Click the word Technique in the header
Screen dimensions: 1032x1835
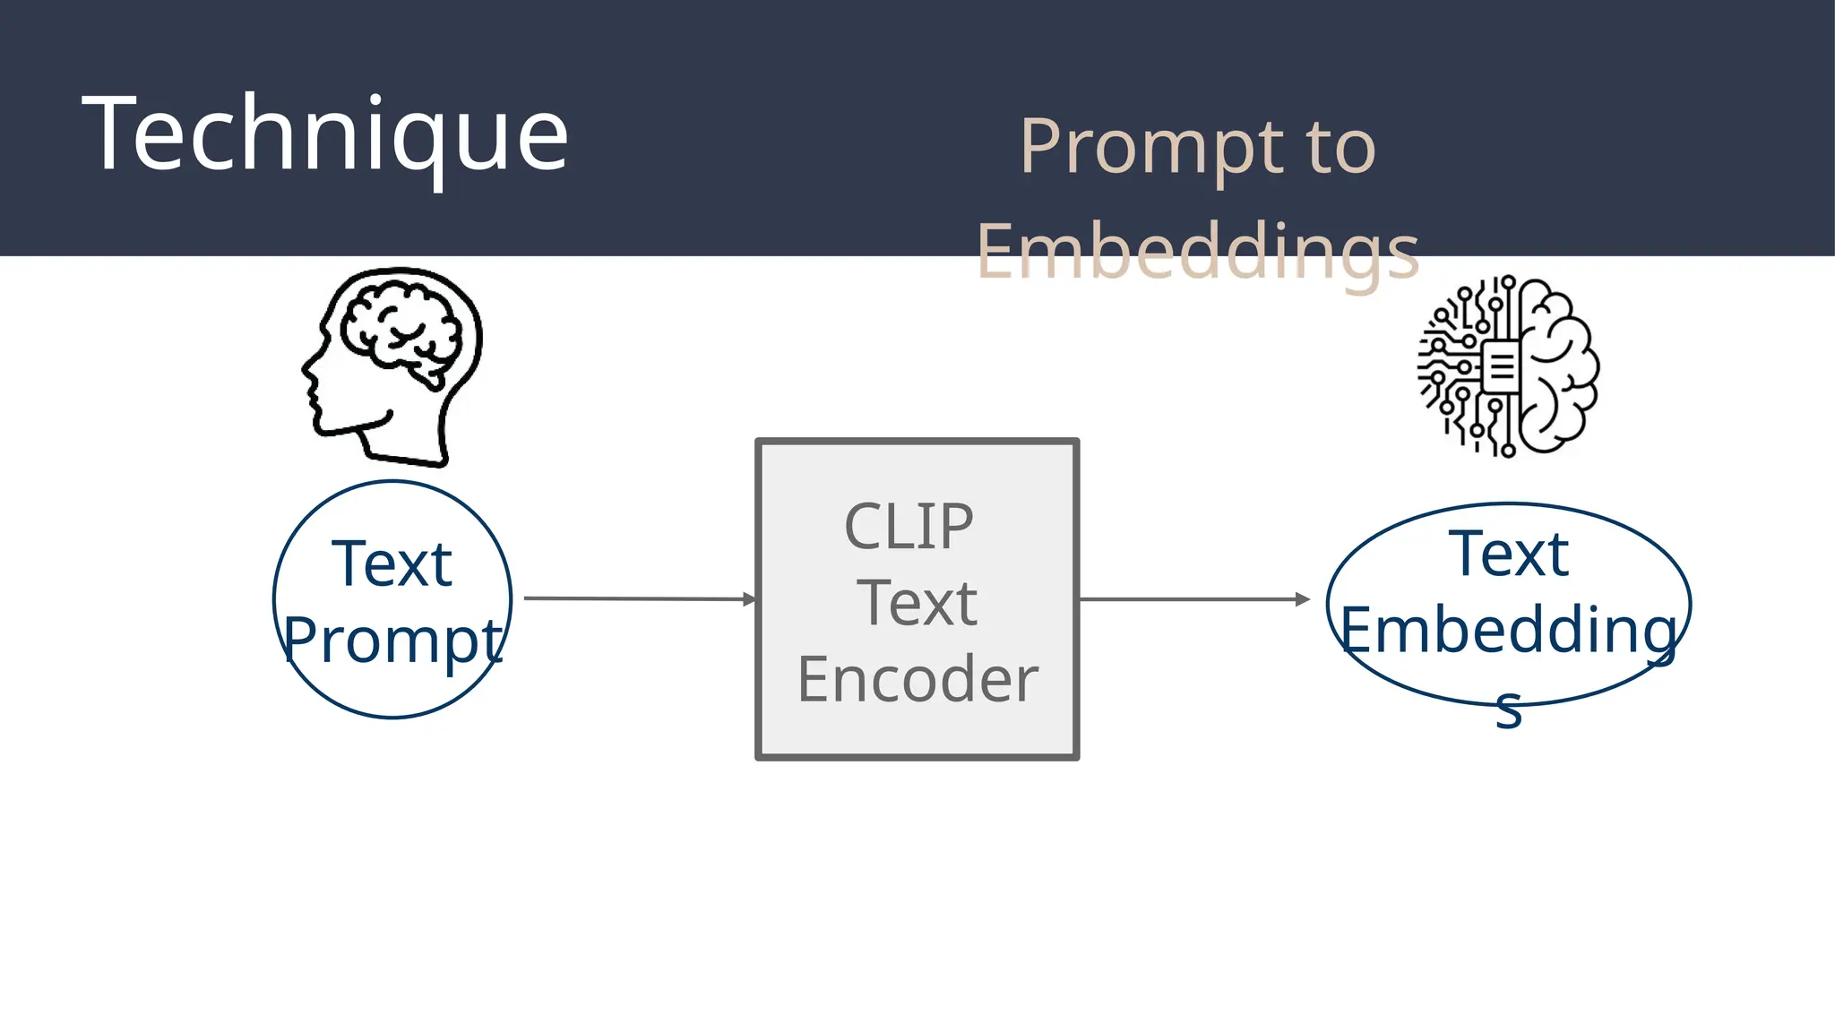tap(324, 134)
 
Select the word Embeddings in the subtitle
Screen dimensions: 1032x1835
tap(1197, 252)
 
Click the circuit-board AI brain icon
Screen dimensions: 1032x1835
tap(1508, 366)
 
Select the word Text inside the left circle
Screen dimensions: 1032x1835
tap(392, 564)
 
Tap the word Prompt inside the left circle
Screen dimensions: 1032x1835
tap(392, 641)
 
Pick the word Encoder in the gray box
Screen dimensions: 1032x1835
tap(917, 679)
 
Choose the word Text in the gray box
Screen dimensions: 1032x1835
tap(916, 603)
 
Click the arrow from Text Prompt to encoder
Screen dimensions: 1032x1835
tap(636, 598)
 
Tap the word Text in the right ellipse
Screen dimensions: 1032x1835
tap(1508, 555)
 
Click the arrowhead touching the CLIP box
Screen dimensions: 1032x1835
tap(750, 599)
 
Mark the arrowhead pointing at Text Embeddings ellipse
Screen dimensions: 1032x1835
tap(1303, 599)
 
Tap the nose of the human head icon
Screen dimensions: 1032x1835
tap(306, 367)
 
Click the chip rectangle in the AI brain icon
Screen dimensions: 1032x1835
tap(1500, 365)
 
